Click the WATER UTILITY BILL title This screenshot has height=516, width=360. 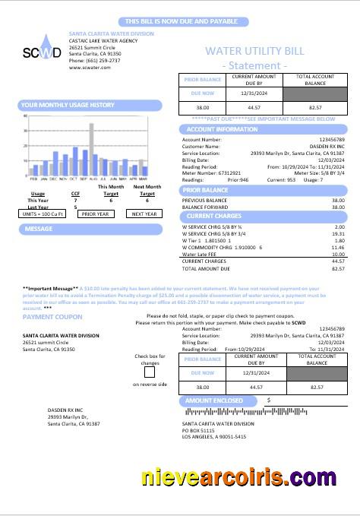(x=254, y=51)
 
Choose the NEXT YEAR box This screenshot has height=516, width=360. (x=144, y=214)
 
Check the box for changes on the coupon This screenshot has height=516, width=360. (x=149, y=372)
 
